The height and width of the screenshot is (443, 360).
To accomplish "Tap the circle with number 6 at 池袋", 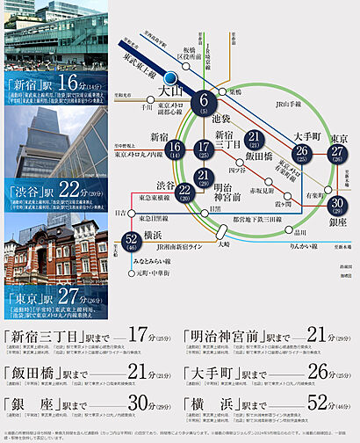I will coord(203,103).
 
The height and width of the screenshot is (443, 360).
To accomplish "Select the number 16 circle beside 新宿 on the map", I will coord(176,151).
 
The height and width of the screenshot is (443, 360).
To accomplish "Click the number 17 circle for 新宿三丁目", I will coord(204,151).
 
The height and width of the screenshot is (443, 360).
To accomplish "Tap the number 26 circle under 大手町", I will coord(302,155).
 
